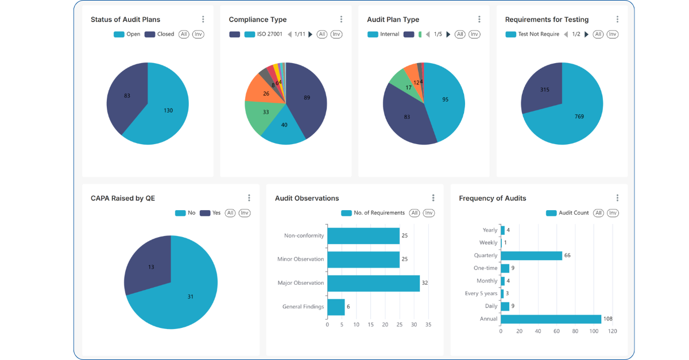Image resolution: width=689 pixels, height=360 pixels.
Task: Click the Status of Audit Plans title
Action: pyautogui.click(x=125, y=20)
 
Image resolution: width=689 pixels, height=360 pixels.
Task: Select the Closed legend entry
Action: pyautogui.click(x=159, y=34)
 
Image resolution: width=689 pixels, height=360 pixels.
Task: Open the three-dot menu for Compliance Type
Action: pyautogui.click(x=341, y=20)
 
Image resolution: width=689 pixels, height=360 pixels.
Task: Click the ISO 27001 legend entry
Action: pyautogui.click(x=264, y=34)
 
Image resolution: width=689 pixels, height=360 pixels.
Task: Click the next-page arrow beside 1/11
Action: pyautogui.click(x=311, y=34)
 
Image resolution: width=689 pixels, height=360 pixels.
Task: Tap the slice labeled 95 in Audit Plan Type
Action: pyautogui.click(x=445, y=100)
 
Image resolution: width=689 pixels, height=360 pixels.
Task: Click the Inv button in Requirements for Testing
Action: pyautogui.click(x=613, y=34)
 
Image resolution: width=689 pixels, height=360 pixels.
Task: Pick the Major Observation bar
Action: pyautogui.click(x=373, y=283)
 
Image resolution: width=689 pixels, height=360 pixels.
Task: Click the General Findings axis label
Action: pyautogui.click(x=303, y=307)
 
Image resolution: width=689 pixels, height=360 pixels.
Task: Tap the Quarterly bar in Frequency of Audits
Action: pyautogui.click(x=531, y=256)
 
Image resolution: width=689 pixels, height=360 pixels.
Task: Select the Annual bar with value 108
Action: pyautogui.click(x=551, y=319)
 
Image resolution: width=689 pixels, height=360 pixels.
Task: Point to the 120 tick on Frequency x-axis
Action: pyautogui.click(x=613, y=331)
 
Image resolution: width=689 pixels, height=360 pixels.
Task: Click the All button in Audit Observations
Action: pyautogui.click(x=415, y=213)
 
